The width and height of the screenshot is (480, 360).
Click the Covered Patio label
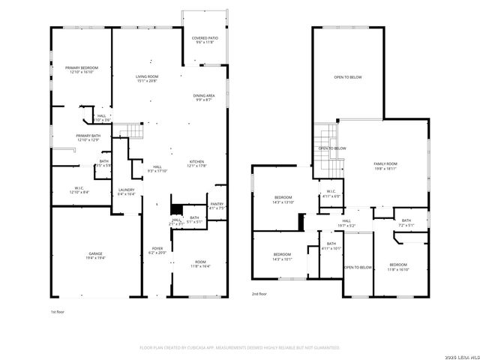click(205, 37)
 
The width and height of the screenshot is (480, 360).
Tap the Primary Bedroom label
click(82, 67)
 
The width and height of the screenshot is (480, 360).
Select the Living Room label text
click(146, 76)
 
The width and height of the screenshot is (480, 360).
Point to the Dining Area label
click(204, 96)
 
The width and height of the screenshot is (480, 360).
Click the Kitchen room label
click(196, 162)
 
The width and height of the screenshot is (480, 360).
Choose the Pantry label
click(216, 204)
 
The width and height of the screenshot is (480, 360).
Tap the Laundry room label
click(127, 190)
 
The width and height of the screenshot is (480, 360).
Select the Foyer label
click(157, 249)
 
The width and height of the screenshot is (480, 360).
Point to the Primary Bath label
click(87, 136)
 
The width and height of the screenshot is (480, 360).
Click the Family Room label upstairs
click(385, 163)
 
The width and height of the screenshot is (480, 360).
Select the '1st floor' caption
click(58, 310)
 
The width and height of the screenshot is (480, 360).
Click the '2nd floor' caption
click(259, 293)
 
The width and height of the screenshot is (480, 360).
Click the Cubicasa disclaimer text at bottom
click(240, 348)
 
